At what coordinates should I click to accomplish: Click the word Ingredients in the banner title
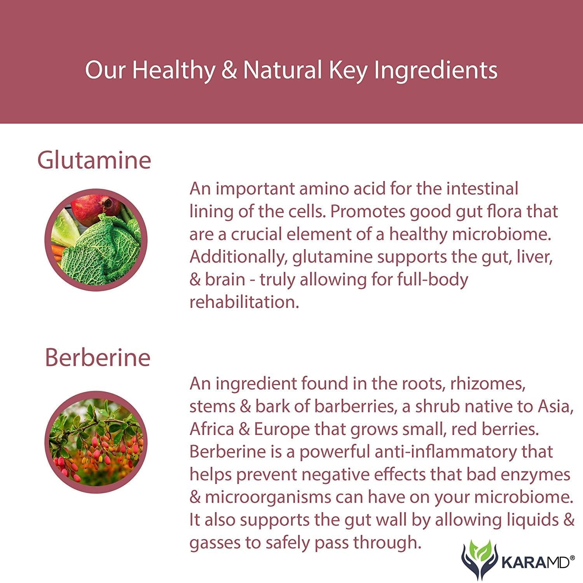point(436,71)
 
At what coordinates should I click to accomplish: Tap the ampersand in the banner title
point(229,70)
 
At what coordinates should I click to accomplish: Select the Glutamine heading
point(94,160)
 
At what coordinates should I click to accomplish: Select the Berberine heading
point(98,357)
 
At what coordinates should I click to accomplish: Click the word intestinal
point(482,189)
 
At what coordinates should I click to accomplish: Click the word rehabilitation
point(244,302)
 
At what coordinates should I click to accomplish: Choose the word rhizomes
point(488,384)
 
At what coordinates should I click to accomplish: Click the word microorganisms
point(268,497)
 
